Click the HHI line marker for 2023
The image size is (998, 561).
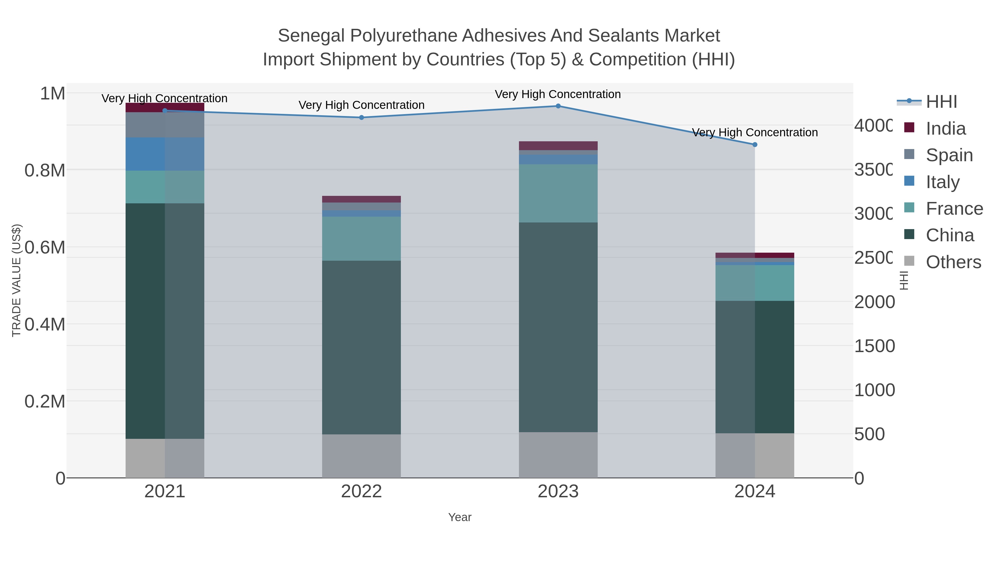click(558, 106)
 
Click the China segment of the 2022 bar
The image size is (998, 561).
click(361, 347)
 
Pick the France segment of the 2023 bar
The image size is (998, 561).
click(558, 193)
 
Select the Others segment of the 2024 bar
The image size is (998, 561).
click(755, 455)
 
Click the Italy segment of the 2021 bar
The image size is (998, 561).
click(165, 154)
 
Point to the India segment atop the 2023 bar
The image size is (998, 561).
click(558, 145)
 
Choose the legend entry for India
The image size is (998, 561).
click(945, 129)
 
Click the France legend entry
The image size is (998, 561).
click(954, 209)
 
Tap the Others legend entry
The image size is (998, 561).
click(953, 262)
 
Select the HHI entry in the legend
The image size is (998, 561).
click(941, 102)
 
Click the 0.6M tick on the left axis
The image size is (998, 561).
click(45, 247)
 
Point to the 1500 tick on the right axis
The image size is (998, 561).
click(874, 346)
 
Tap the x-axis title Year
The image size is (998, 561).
click(459, 517)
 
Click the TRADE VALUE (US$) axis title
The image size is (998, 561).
click(16, 280)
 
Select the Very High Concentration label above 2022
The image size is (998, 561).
click(361, 105)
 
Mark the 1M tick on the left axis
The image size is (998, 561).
click(52, 93)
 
